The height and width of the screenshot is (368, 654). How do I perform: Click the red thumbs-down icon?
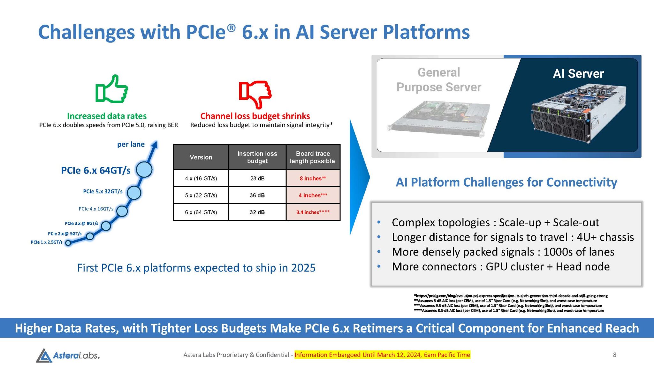255,94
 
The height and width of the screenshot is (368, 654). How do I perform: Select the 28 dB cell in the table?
257,178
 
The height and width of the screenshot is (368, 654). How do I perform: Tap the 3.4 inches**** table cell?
313,212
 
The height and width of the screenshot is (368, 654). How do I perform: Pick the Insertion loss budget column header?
257,157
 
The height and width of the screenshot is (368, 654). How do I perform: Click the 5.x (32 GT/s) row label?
201,195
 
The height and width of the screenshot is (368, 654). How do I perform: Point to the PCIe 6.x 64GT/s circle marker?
144,169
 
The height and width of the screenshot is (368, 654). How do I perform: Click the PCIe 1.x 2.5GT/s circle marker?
68,243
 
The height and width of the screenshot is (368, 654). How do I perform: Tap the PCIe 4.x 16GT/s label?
96,209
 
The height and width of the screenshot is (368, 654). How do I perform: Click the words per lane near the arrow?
131,144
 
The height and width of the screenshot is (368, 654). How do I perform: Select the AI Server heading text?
578,73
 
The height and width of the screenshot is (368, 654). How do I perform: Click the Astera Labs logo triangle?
44,356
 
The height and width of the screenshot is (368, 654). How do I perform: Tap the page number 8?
614,355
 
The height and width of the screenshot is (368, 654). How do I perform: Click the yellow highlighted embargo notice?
382,355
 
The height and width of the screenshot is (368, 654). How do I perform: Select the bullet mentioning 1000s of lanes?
503,252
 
